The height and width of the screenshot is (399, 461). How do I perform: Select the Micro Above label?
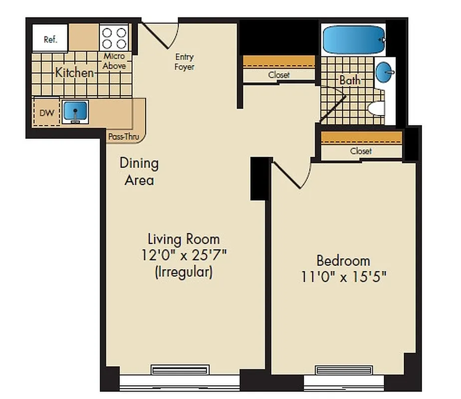click(x=114, y=61)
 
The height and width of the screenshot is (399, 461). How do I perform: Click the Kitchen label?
click(x=74, y=73)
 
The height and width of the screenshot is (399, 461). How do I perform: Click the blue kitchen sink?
click(x=75, y=111)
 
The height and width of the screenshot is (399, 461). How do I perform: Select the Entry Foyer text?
click(x=184, y=61)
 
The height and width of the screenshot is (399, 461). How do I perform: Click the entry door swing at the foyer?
click(x=160, y=35)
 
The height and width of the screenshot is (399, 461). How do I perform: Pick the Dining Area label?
click(x=139, y=171)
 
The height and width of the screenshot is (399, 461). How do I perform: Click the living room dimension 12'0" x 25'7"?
click(x=184, y=256)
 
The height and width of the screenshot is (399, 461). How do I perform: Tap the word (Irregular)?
click(x=184, y=272)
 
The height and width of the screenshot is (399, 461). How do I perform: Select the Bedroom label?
click(x=343, y=260)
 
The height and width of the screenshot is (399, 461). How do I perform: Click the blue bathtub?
click(x=354, y=39)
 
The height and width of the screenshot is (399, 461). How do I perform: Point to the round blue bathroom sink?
click(x=384, y=72)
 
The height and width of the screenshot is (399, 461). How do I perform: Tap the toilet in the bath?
click(x=377, y=108)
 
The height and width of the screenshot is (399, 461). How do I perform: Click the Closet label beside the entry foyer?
click(x=278, y=75)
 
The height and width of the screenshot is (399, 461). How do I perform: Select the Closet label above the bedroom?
click(x=361, y=151)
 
